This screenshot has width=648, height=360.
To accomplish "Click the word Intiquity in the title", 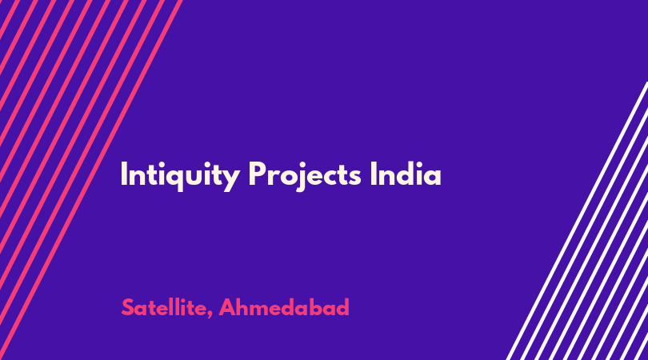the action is [180, 176].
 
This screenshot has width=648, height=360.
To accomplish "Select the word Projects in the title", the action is [305, 176].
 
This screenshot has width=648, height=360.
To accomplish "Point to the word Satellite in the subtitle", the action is [164, 307].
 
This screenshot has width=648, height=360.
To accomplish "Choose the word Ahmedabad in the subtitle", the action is [284, 307].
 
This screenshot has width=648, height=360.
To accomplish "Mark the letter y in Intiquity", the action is [231, 180].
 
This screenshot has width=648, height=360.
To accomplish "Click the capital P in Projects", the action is [258, 174].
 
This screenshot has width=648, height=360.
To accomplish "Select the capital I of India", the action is [374, 174].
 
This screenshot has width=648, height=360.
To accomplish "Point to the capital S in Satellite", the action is [129, 307].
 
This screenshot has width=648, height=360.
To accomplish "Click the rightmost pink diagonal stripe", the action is [91, 180].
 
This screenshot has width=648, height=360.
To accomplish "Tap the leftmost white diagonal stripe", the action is [577, 221].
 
